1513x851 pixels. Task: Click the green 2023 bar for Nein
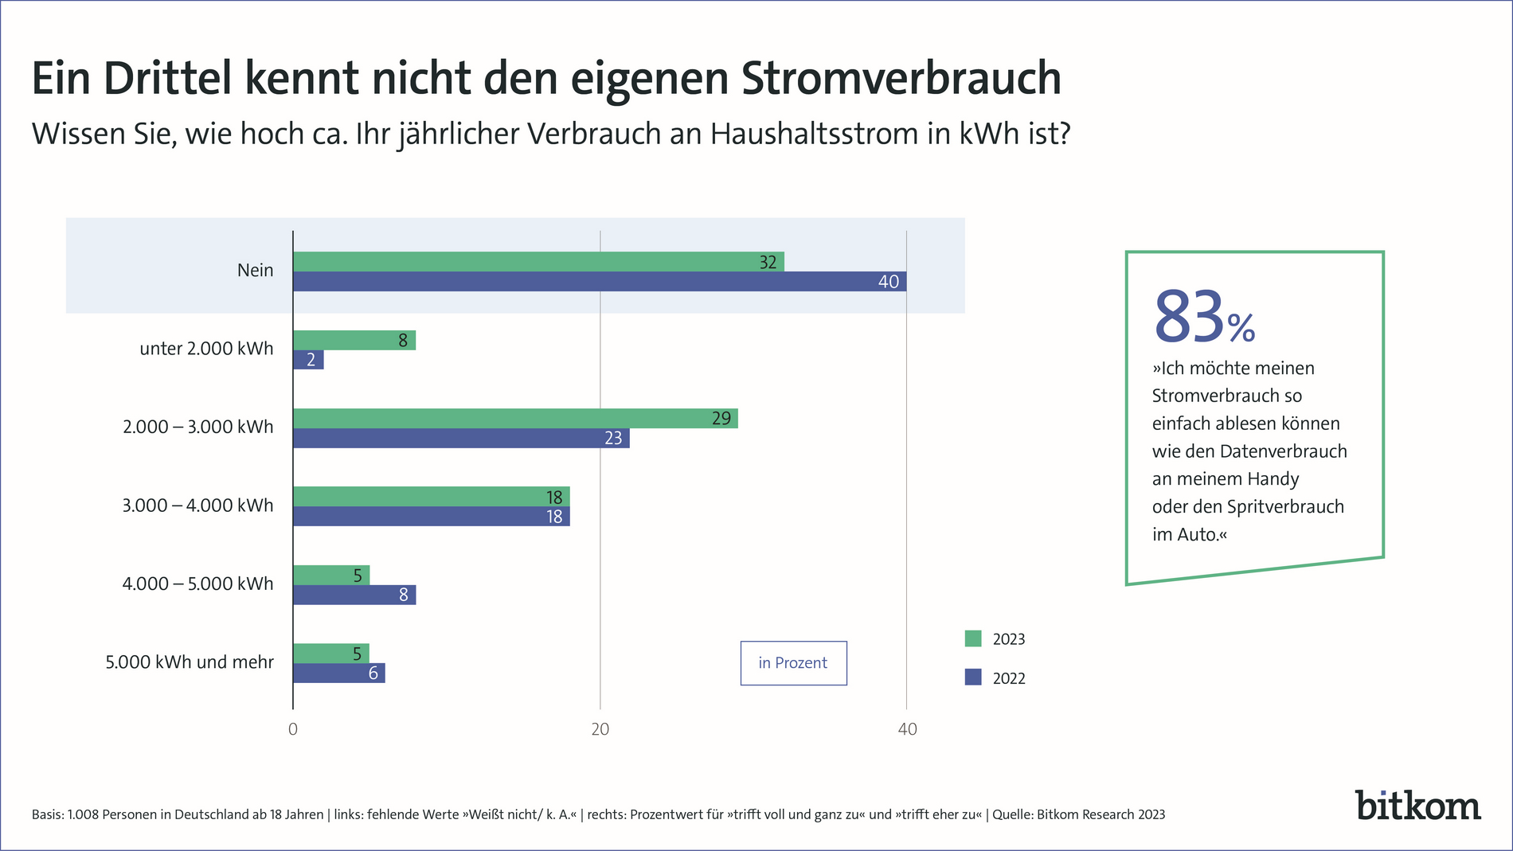click(538, 262)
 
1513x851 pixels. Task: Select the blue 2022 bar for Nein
click(599, 282)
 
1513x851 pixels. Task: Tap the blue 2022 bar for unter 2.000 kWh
click(308, 360)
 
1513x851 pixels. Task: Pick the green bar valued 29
click(515, 419)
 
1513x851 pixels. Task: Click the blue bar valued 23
click(461, 438)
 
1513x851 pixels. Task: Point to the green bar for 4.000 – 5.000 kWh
click(331, 575)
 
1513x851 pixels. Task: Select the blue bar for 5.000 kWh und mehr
click(338, 673)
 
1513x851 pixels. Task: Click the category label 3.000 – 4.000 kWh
click(197, 506)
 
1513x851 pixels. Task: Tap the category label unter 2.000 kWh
click(206, 349)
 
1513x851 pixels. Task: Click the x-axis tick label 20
click(600, 729)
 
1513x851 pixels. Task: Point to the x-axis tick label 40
click(907, 729)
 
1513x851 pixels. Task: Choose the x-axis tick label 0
click(293, 729)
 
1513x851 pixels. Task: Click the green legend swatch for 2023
click(973, 638)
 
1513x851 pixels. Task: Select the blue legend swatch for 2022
click(973, 677)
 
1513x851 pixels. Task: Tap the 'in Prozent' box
click(793, 663)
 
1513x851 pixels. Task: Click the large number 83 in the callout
click(1188, 318)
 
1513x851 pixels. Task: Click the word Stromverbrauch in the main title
click(901, 78)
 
